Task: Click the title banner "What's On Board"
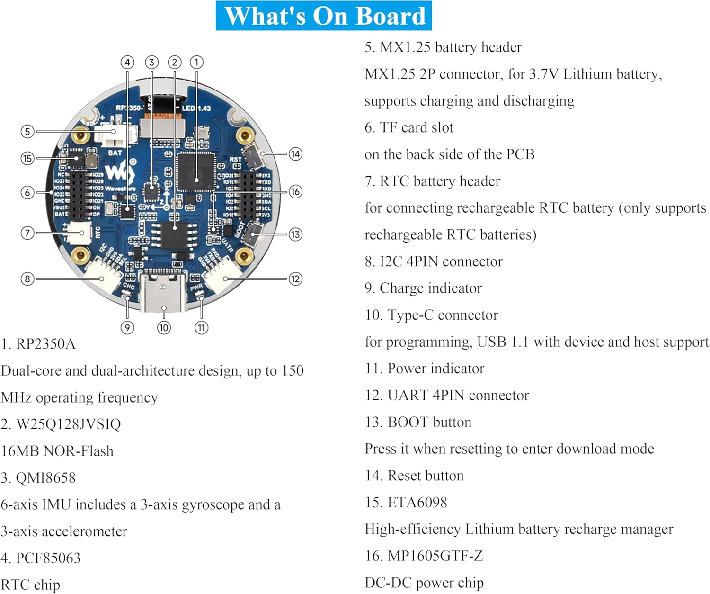(x=324, y=16)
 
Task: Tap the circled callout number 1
(x=196, y=62)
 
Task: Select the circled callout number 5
(x=27, y=131)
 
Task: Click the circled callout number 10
(x=164, y=327)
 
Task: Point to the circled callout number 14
(x=295, y=154)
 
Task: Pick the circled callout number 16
(x=295, y=191)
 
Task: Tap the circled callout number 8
(x=27, y=279)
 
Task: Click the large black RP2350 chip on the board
(x=196, y=171)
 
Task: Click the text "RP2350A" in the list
(x=45, y=344)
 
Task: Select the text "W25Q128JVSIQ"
(x=69, y=424)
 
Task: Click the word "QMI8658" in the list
(x=45, y=477)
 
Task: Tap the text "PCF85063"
(x=48, y=558)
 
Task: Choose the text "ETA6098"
(x=417, y=502)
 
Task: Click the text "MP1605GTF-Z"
(x=435, y=556)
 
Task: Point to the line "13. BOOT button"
(x=418, y=422)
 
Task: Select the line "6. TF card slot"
(x=409, y=127)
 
